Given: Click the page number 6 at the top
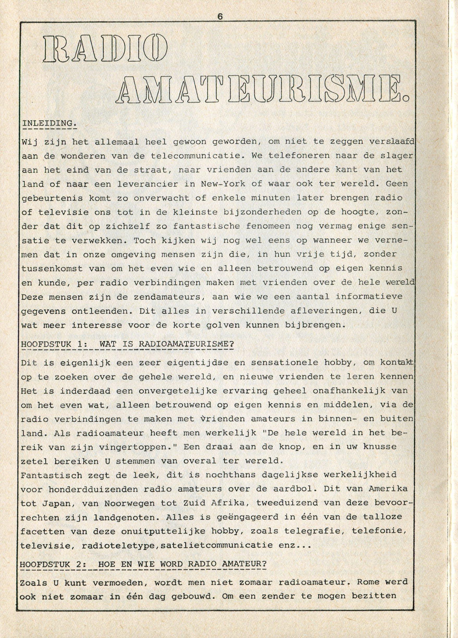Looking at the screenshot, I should pyautogui.click(x=220, y=17).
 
